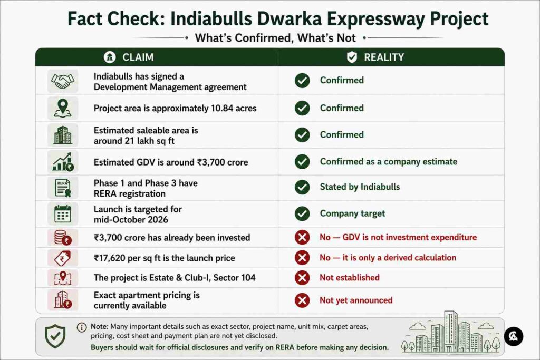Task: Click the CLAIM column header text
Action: click(x=138, y=57)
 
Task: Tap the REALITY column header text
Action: click(x=384, y=57)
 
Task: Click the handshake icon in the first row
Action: click(x=63, y=81)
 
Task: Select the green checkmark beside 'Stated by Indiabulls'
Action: click(x=302, y=187)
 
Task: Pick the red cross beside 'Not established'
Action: click(x=302, y=278)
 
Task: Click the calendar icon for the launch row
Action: click(x=63, y=213)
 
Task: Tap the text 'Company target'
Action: click(x=352, y=213)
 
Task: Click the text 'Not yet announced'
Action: click(x=356, y=300)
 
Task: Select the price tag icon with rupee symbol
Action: click(x=63, y=258)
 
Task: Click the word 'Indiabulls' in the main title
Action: click(x=211, y=18)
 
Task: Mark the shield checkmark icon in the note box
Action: click(x=55, y=336)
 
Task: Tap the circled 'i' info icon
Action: click(x=82, y=327)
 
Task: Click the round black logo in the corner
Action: click(x=514, y=336)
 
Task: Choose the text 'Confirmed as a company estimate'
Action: click(x=389, y=162)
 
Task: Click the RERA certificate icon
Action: click(x=63, y=188)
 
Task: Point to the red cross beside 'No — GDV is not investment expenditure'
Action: click(x=302, y=238)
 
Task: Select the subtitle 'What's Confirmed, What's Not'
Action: click(x=275, y=38)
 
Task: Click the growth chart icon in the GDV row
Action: click(x=63, y=162)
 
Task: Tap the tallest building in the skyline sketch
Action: click(x=451, y=331)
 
